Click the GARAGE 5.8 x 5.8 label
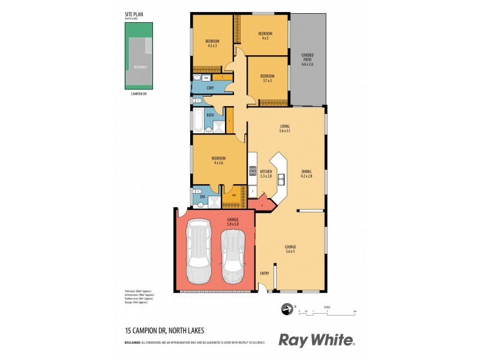(x=233, y=221)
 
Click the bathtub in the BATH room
(x=197, y=119)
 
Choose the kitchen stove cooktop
(x=253, y=170)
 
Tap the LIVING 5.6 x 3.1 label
(x=284, y=128)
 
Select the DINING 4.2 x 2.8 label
(x=306, y=173)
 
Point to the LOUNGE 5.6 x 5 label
(x=290, y=248)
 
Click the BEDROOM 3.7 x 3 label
(x=267, y=78)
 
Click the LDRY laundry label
(x=210, y=88)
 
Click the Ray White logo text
(x=316, y=340)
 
